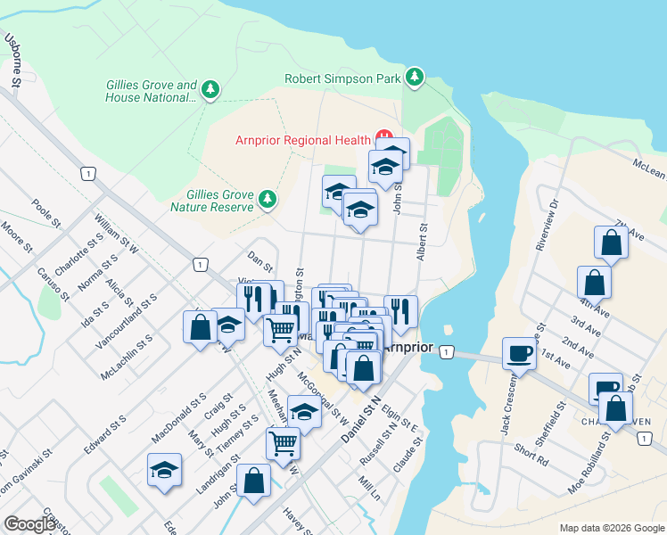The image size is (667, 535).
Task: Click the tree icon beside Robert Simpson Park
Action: (414, 78)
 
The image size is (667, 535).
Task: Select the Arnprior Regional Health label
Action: (302, 140)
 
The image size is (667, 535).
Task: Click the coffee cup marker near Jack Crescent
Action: (519, 353)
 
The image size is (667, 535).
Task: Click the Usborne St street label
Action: (13, 60)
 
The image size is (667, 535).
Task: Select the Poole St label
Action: (45, 215)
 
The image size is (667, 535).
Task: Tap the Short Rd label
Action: (531, 454)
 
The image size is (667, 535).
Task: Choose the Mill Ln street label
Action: (369, 490)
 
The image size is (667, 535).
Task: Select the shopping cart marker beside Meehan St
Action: (283, 441)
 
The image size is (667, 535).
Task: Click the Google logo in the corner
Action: (29, 524)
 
